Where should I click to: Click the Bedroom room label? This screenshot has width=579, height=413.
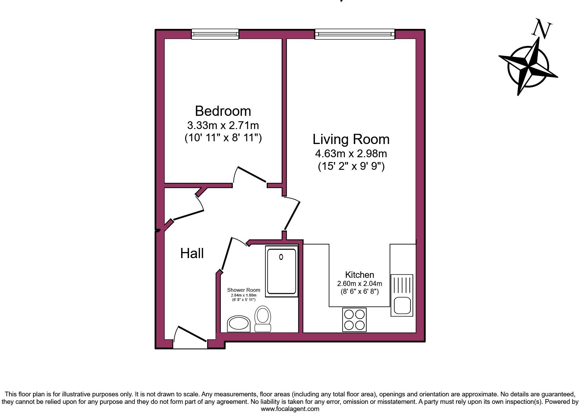pyautogui.click(x=223, y=111)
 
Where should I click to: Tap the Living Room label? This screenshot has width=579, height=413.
pyautogui.click(x=351, y=139)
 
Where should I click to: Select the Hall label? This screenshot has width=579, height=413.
pyautogui.click(x=192, y=253)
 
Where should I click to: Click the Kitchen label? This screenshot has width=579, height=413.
pyautogui.click(x=359, y=275)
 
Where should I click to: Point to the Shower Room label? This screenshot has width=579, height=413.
pyautogui.click(x=243, y=290)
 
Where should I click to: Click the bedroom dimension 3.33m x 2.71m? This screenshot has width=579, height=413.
pyautogui.click(x=223, y=125)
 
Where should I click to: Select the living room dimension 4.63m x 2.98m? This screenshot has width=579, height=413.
pyautogui.click(x=351, y=154)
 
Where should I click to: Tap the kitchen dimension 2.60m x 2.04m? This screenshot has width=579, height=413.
pyautogui.click(x=359, y=283)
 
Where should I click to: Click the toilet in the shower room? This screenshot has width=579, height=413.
pyautogui.click(x=263, y=319)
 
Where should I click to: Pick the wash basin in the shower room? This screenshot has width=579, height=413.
pyautogui.click(x=239, y=324)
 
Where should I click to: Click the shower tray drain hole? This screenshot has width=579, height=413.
pyautogui.click(x=281, y=257)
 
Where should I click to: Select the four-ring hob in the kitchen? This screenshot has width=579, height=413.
pyautogui.click(x=354, y=320)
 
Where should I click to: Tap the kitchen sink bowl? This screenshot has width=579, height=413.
pyautogui.click(x=402, y=305)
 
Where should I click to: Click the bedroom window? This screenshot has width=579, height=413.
pyautogui.click(x=215, y=34)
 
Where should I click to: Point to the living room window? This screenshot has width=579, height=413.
pyautogui.click(x=355, y=34)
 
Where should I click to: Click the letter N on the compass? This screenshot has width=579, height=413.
pyautogui.click(x=542, y=29)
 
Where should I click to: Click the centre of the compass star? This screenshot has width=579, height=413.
pyautogui.click(x=528, y=66)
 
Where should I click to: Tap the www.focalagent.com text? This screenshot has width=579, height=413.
pyautogui.click(x=290, y=409)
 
